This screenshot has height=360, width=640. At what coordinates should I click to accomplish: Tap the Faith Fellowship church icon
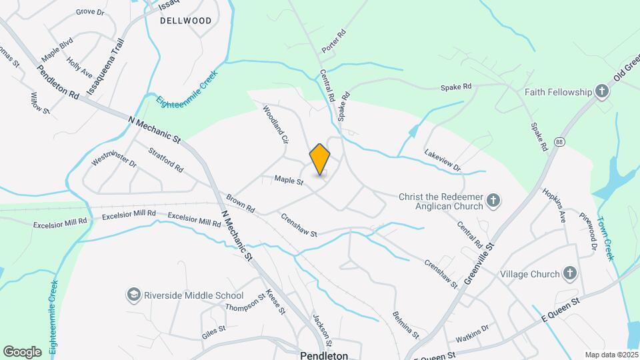click(x=602, y=91)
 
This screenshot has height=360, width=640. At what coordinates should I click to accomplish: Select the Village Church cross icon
click(x=569, y=273)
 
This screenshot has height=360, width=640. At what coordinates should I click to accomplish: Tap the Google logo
click(x=22, y=351)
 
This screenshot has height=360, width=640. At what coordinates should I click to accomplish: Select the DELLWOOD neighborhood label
click(x=186, y=21)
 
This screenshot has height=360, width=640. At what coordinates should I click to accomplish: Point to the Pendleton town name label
click(x=324, y=355)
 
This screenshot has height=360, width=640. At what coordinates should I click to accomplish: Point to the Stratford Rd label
click(x=166, y=159)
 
